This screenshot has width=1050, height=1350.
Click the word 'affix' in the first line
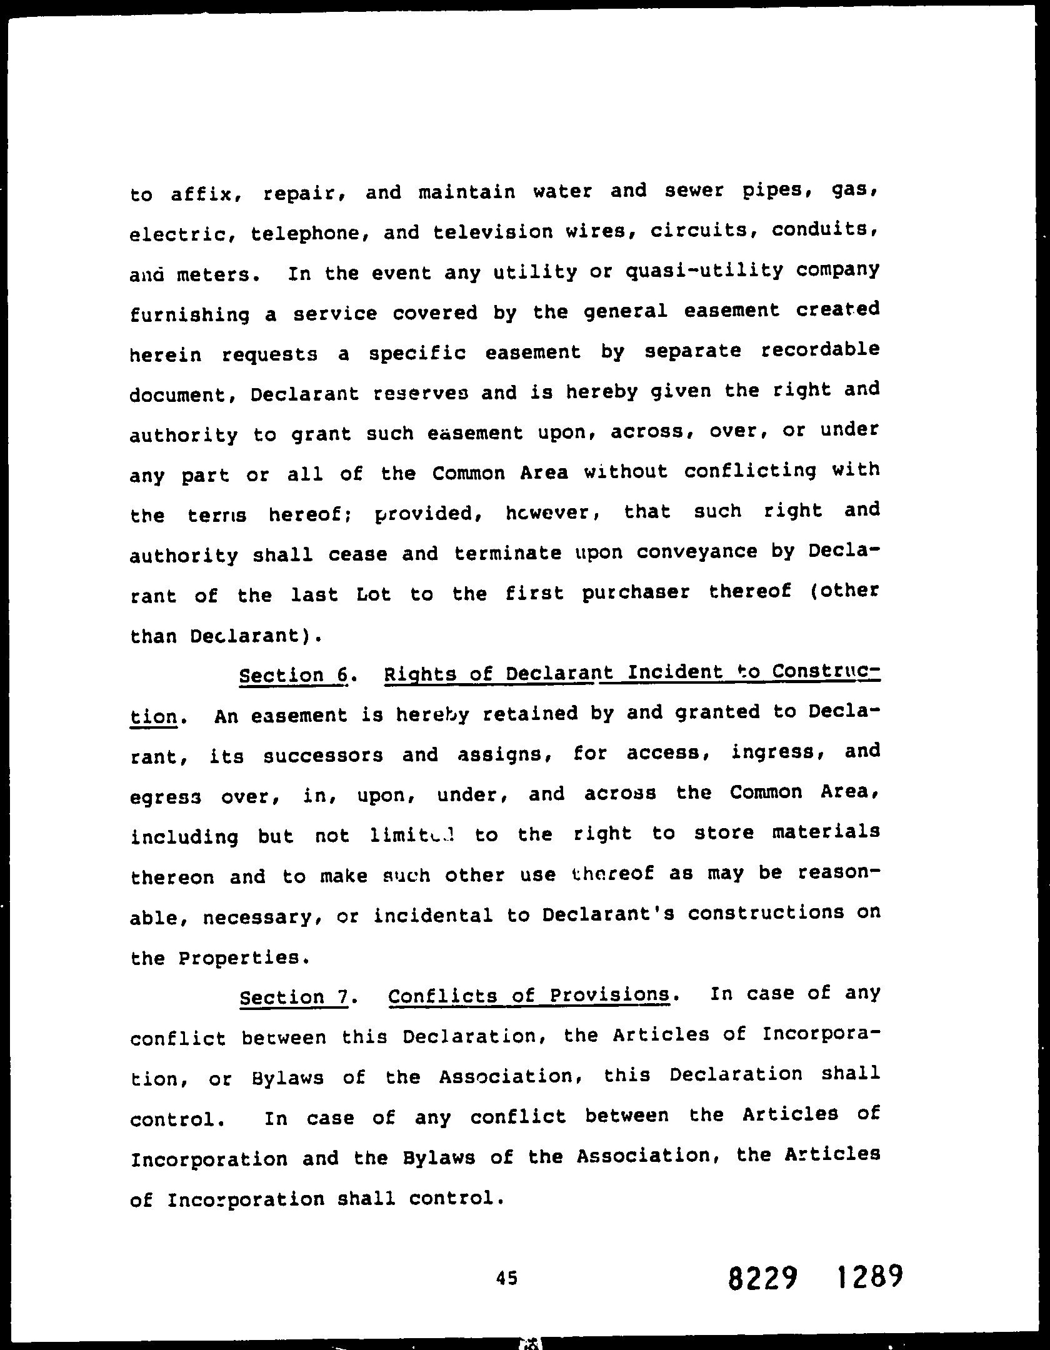click(203, 194)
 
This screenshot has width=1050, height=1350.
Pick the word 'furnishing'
click(189, 315)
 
